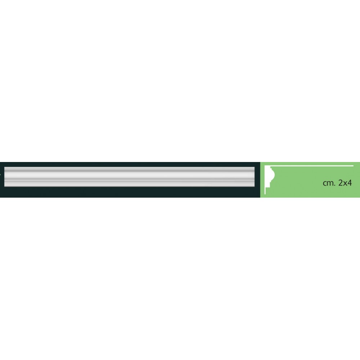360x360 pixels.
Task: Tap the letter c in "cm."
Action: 324,184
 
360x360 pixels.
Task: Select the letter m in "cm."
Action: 330,184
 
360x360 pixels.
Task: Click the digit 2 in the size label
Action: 341,183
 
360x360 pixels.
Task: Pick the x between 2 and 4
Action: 345,184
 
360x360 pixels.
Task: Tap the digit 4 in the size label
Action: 349,183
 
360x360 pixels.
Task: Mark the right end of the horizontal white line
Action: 354,166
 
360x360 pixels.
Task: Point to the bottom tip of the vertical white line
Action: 265,194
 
